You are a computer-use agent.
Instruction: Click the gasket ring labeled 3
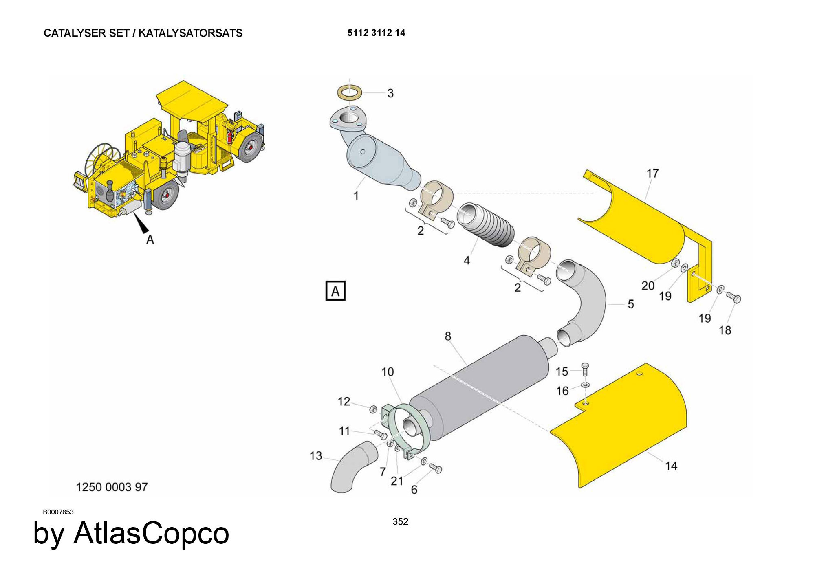350,92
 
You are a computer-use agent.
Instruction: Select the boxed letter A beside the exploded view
335,291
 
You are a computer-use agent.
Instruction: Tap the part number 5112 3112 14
376,33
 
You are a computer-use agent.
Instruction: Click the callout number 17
652,174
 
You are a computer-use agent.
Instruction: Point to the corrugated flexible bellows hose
487,225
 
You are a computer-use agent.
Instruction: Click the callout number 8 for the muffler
448,336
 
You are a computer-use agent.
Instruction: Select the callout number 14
671,466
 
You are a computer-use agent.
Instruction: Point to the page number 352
400,521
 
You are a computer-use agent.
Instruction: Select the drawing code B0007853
58,512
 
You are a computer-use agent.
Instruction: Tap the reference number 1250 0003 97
112,487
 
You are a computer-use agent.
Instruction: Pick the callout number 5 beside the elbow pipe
630,304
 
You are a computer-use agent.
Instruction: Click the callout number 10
388,372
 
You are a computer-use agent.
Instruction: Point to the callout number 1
356,196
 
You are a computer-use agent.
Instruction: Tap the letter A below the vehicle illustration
150,240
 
